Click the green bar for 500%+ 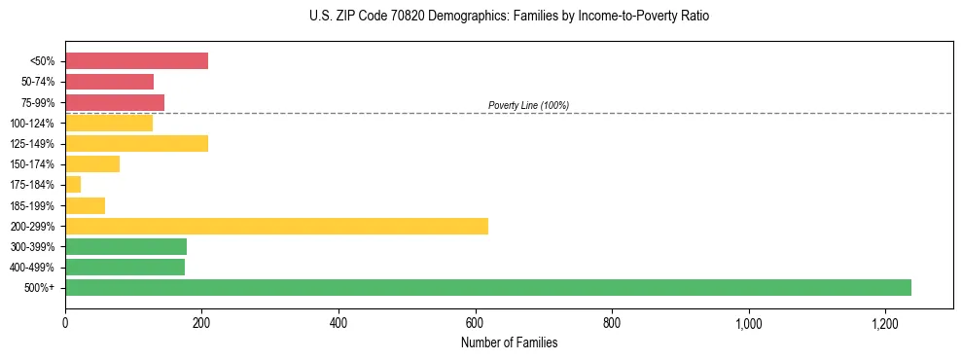[488, 287]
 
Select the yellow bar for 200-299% [276, 226]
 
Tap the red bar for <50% [136, 61]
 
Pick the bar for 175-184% [73, 185]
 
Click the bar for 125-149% [136, 144]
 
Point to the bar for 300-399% [125, 246]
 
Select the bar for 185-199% [85, 205]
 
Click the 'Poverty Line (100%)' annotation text [528, 105]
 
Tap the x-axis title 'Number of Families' [509, 342]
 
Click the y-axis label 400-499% [34, 268]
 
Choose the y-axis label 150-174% [34, 164]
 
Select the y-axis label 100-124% [34, 124]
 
